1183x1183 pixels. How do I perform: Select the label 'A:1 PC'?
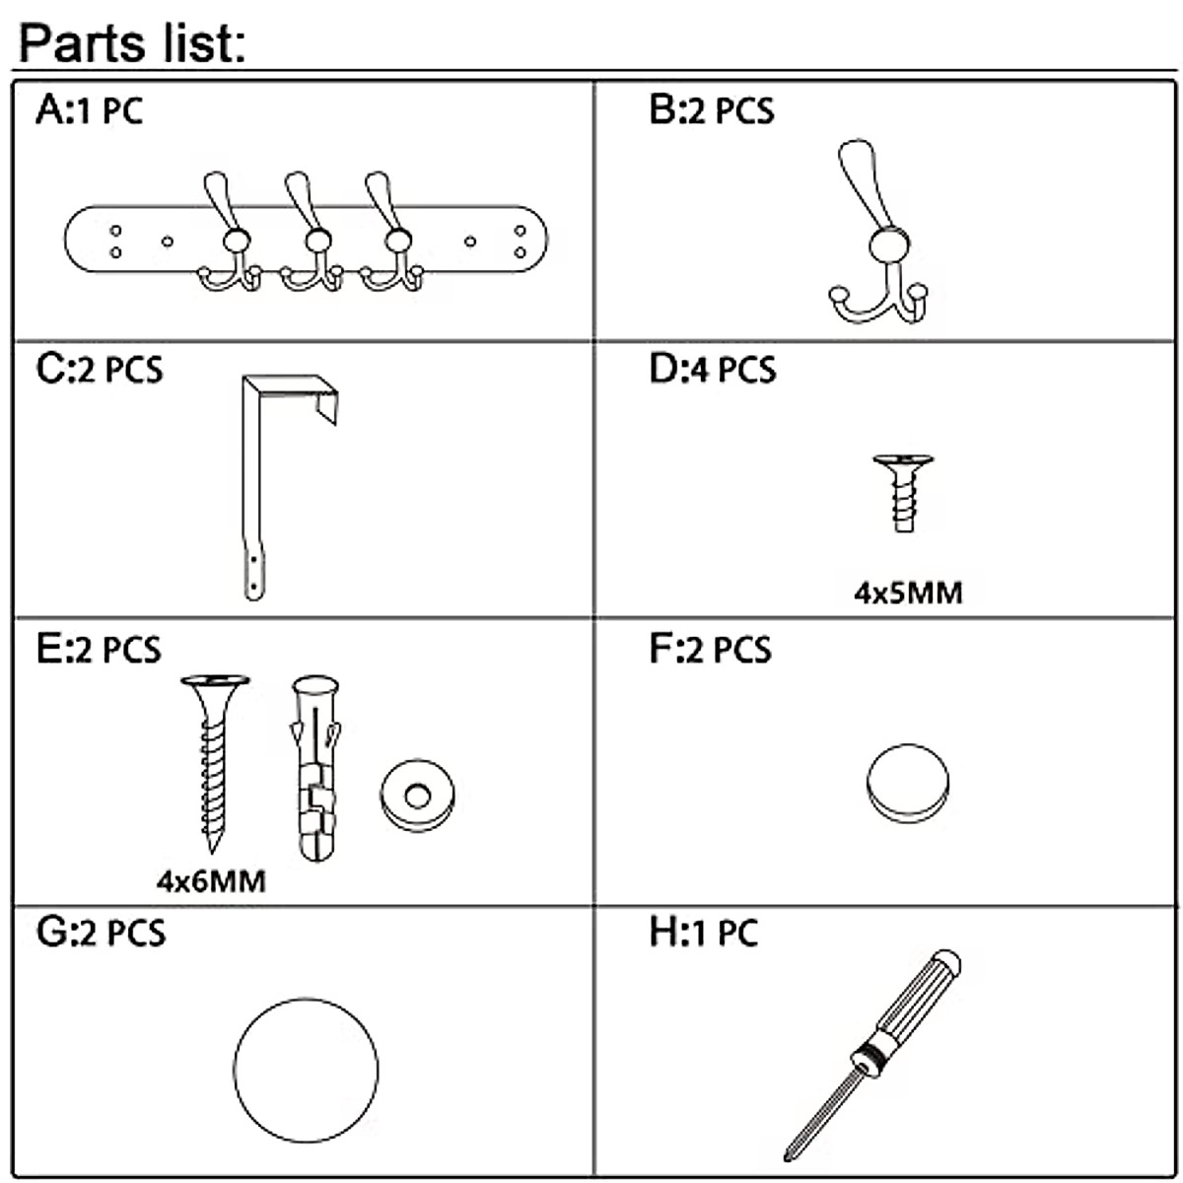coord(89,109)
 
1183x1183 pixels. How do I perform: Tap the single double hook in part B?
coord(878,237)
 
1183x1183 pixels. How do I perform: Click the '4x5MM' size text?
coord(907,592)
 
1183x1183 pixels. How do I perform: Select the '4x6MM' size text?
coord(211,879)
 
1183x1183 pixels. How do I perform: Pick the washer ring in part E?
coord(417,795)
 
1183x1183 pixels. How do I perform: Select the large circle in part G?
coord(307,1070)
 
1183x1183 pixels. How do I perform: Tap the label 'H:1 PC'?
coord(703,932)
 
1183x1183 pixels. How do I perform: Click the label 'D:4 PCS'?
coord(712,370)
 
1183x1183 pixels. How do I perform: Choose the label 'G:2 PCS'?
coord(101,932)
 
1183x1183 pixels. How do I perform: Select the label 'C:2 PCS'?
coord(100,370)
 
